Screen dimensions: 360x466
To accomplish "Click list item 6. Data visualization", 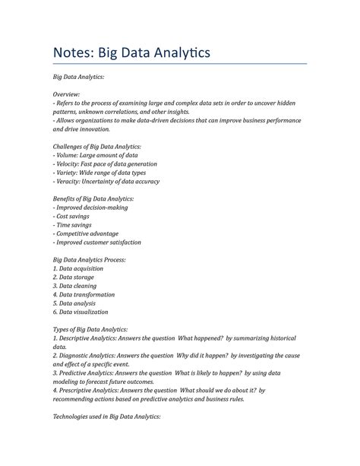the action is pyautogui.click(x=81, y=312).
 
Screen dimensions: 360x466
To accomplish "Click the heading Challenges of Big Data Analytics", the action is pyautogui.click(x=96, y=146).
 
